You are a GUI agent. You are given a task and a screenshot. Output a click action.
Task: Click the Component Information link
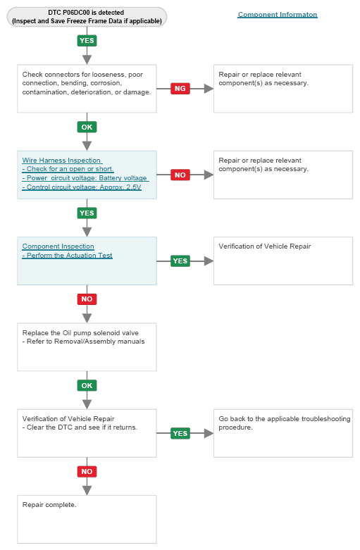(278, 15)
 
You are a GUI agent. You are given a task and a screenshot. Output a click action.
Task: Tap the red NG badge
(180, 89)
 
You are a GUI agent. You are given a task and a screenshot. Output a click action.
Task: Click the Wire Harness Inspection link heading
(61, 161)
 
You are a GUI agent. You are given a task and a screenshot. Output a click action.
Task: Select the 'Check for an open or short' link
(68, 169)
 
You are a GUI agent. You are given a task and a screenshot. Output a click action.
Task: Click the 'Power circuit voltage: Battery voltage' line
(85, 178)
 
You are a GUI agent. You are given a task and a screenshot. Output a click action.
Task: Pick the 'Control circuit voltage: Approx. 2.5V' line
(82, 187)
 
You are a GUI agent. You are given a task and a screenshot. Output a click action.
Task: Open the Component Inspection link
(58, 246)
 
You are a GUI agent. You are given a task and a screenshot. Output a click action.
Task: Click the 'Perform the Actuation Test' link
(68, 256)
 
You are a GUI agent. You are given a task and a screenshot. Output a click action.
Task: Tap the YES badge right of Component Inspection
(180, 261)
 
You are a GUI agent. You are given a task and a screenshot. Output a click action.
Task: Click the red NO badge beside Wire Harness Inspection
(180, 175)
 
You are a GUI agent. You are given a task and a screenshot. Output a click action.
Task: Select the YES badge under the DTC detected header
(87, 41)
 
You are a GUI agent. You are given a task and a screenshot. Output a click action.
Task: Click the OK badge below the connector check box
(87, 127)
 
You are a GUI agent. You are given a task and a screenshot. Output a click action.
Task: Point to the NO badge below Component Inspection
(87, 299)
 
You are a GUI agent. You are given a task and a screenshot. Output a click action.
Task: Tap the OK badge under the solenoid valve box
(87, 385)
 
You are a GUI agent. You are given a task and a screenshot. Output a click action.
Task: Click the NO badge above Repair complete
(87, 471)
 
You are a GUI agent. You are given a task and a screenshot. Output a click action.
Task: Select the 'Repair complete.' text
(49, 505)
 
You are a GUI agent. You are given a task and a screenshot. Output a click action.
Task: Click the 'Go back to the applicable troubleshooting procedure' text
(285, 423)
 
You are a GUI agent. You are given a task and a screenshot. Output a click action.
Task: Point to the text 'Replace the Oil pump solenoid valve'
(80, 333)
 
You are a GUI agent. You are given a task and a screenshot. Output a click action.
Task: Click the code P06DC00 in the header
(76, 13)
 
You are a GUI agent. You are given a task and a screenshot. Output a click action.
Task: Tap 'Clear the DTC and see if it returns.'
(80, 427)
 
